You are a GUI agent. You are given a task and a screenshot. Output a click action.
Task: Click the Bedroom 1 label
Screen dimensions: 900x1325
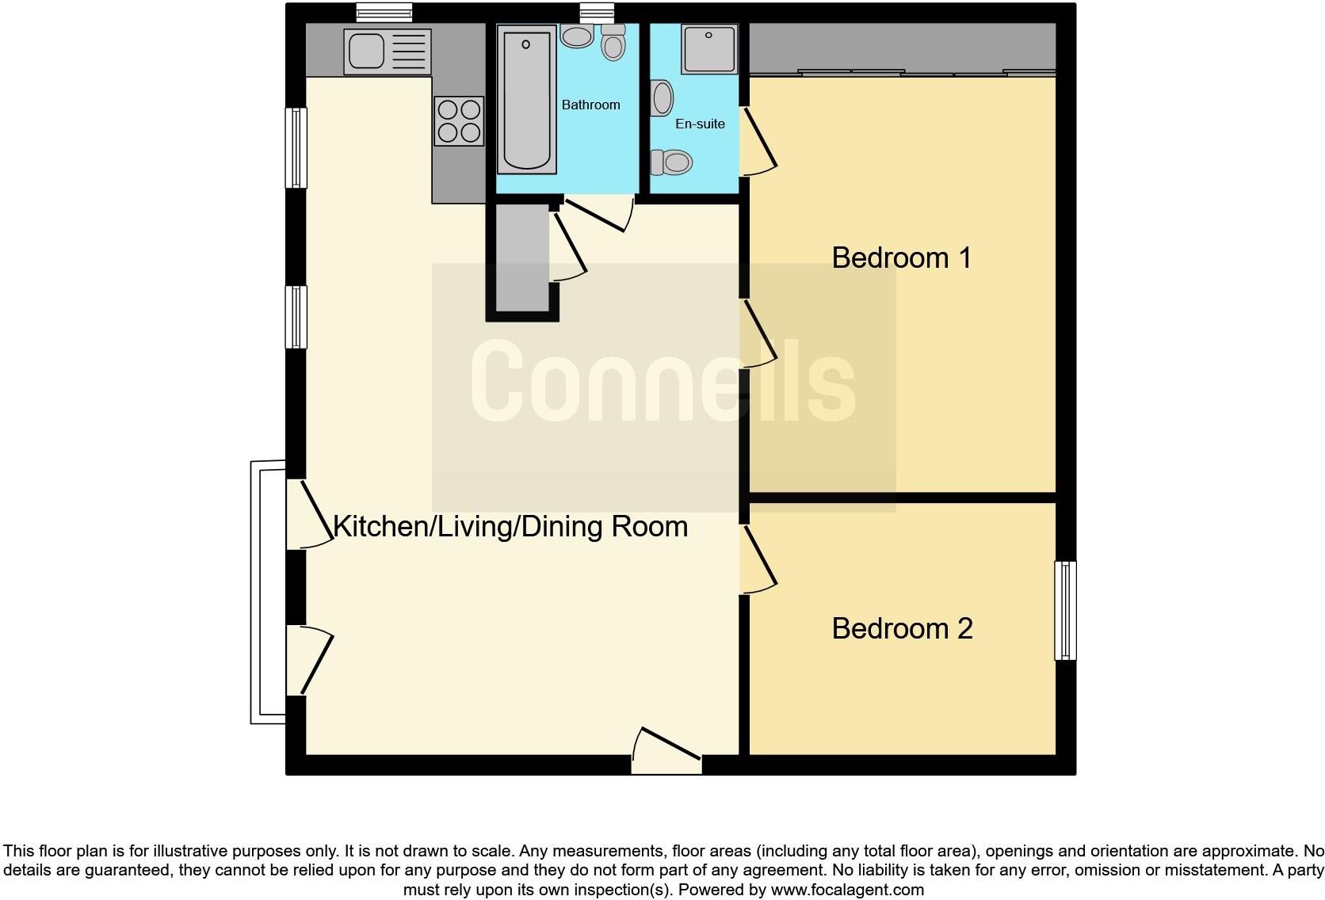(901, 258)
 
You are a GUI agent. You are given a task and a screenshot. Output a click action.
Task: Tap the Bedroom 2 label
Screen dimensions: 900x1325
(902, 629)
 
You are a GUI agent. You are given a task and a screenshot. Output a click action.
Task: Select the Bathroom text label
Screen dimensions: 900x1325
(590, 105)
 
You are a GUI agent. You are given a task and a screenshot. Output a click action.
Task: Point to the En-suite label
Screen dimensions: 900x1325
(700, 124)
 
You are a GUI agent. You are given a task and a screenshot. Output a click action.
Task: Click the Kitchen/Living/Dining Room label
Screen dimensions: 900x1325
(510, 527)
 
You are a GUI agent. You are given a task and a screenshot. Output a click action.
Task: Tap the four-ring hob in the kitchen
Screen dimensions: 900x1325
(459, 120)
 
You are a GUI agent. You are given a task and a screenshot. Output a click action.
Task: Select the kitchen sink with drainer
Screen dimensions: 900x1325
(388, 51)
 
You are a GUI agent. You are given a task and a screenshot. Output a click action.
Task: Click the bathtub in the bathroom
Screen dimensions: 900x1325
(526, 98)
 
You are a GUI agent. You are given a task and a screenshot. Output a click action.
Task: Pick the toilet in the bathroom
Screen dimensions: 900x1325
(613, 43)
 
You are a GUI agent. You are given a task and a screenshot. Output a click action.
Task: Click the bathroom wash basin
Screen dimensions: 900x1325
(577, 36)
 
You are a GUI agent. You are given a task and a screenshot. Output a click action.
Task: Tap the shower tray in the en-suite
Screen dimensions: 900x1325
(708, 48)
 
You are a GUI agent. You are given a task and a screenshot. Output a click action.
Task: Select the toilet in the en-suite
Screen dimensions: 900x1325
(672, 162)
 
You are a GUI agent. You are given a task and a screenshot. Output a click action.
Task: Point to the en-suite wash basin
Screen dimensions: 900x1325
(662, 99)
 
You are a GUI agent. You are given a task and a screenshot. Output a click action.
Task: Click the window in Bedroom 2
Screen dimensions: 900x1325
(1065, 610)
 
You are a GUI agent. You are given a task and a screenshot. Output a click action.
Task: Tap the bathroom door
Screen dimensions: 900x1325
(599, 212)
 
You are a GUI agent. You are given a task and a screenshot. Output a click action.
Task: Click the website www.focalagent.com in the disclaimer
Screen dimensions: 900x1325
(847, 890)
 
